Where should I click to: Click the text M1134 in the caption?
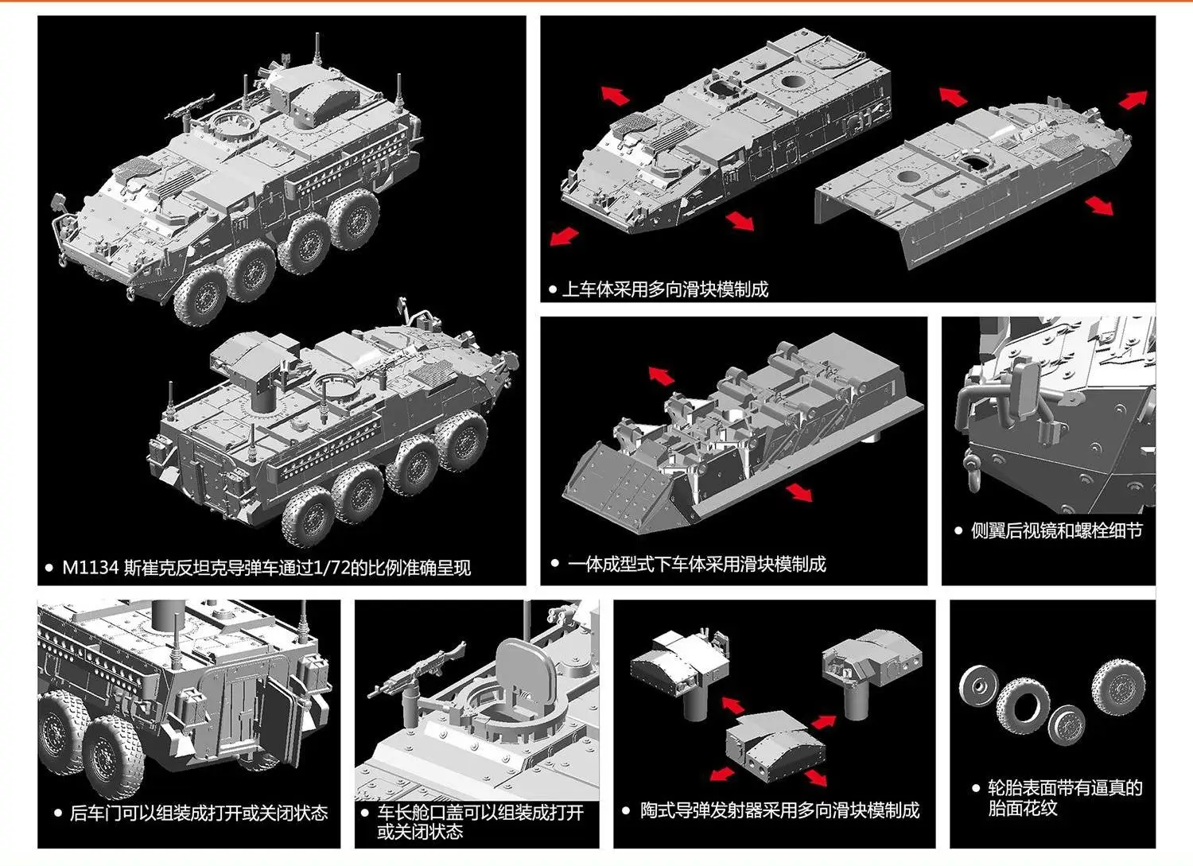coord(90,568)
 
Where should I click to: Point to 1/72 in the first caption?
coord(332,568)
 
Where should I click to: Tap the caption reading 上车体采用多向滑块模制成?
coord(665,289)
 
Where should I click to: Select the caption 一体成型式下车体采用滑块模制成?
coord(697,565)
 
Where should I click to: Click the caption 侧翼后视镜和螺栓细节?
coord(1056,530)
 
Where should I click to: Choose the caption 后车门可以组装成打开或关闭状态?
coord(199,813)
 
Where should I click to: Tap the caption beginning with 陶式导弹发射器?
coord(779,810)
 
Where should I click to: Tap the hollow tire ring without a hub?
coord(1024,705)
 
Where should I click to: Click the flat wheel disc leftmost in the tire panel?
coord(977,685)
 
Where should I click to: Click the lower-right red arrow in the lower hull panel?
coord(799,491)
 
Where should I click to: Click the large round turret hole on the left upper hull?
coord(793,82)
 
